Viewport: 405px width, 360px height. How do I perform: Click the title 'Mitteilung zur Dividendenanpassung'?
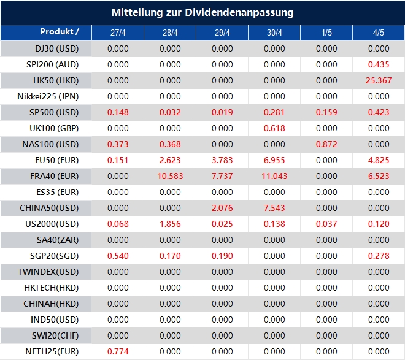pos(202,12)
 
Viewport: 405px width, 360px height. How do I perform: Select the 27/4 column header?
pos(118,33)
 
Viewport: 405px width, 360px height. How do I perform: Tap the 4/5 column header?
pos(379,33)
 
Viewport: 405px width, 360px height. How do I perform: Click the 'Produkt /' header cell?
pos(60,32)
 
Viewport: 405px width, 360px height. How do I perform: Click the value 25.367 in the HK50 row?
pos(378,80)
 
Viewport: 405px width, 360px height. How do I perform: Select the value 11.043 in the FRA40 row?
pos(274,176)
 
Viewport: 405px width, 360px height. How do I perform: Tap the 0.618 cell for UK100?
pos(274,128)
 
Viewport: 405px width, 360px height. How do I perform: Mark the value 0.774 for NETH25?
pos(118,351)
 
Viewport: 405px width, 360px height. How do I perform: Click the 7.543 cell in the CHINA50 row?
pos(274,208)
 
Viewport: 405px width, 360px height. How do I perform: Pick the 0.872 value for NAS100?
pos(326,144)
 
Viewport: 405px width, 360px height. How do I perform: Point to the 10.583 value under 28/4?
pos(170,176)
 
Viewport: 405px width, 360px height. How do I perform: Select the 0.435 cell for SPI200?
pos(379,64)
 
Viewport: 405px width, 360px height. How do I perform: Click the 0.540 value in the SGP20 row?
pos(118,256)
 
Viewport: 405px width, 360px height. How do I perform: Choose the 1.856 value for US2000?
pos(170,224)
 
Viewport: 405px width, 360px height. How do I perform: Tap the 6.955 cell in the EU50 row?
pos(274,160)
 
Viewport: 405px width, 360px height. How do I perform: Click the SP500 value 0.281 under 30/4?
pos(274,112)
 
